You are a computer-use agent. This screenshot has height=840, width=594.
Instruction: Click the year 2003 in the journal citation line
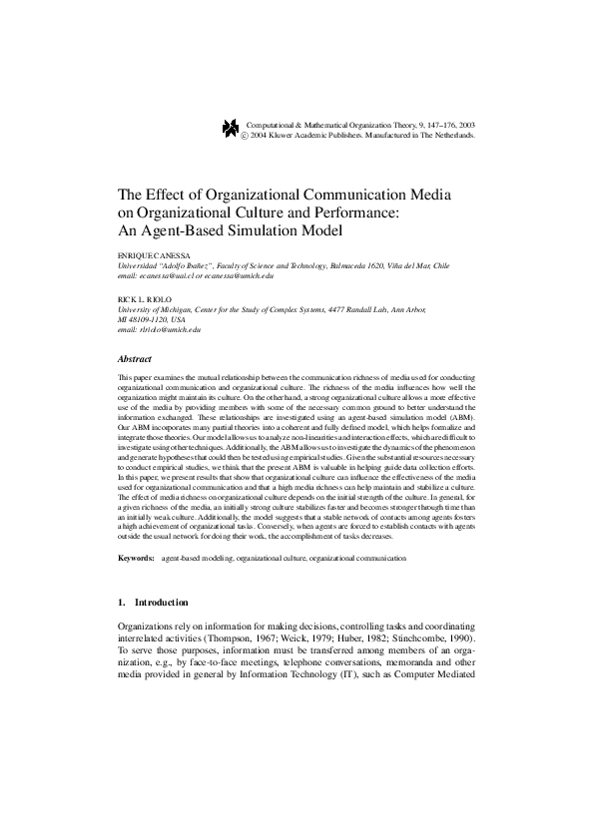point(465,123)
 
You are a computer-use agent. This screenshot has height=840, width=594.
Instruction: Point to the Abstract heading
point(135,358)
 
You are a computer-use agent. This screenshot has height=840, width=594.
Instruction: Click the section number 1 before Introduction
point(121,604)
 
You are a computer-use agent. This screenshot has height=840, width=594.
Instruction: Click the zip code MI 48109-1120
point(144,319)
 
